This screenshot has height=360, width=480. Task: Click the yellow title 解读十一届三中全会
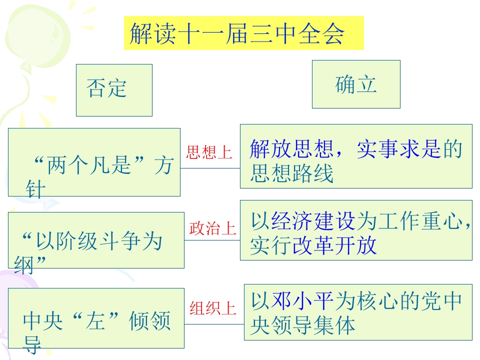point(243,33)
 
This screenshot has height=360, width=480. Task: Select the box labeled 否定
point(114,90)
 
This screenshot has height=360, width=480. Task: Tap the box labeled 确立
point(356,84)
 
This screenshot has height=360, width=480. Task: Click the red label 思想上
point(209,152)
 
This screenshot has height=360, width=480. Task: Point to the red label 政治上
point(213,228)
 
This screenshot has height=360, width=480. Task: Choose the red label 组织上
point(213,308)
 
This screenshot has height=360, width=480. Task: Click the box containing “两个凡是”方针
point(94,162)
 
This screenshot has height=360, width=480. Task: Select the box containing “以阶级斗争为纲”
point(96,240)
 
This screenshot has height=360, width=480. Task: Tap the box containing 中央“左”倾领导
point(96,318)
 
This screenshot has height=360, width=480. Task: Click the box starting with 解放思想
point(356,156)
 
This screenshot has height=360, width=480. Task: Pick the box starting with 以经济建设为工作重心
point(356,230)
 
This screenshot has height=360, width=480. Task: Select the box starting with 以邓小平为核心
point(358,312)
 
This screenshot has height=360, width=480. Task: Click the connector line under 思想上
point(210,168)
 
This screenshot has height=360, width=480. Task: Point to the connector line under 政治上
point(212,240)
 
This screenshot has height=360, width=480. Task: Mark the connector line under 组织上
point(214,324)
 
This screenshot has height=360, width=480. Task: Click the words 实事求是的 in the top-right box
point(409,149)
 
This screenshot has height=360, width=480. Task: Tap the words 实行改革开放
point(313,245)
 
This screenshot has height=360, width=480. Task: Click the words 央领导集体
point(303,325)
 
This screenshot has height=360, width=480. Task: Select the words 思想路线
point(291,173)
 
